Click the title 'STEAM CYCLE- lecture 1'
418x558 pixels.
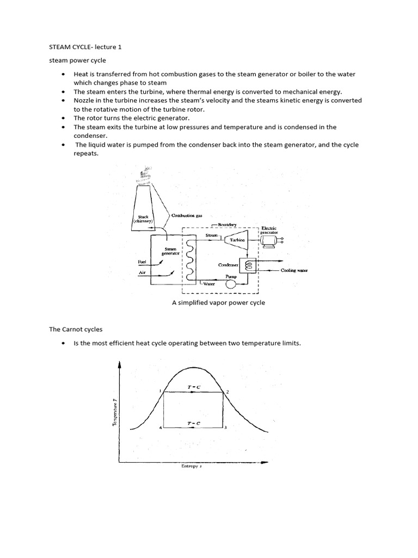click(85, 47)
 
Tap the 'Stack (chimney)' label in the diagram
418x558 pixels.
click(143, 220)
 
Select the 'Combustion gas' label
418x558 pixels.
click(187, 216)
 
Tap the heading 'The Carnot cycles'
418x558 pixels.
click(76, 330)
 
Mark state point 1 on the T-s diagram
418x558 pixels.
click(161, 391)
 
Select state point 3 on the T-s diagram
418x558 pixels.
click(226, 428)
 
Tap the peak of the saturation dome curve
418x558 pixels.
click(194, 368)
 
